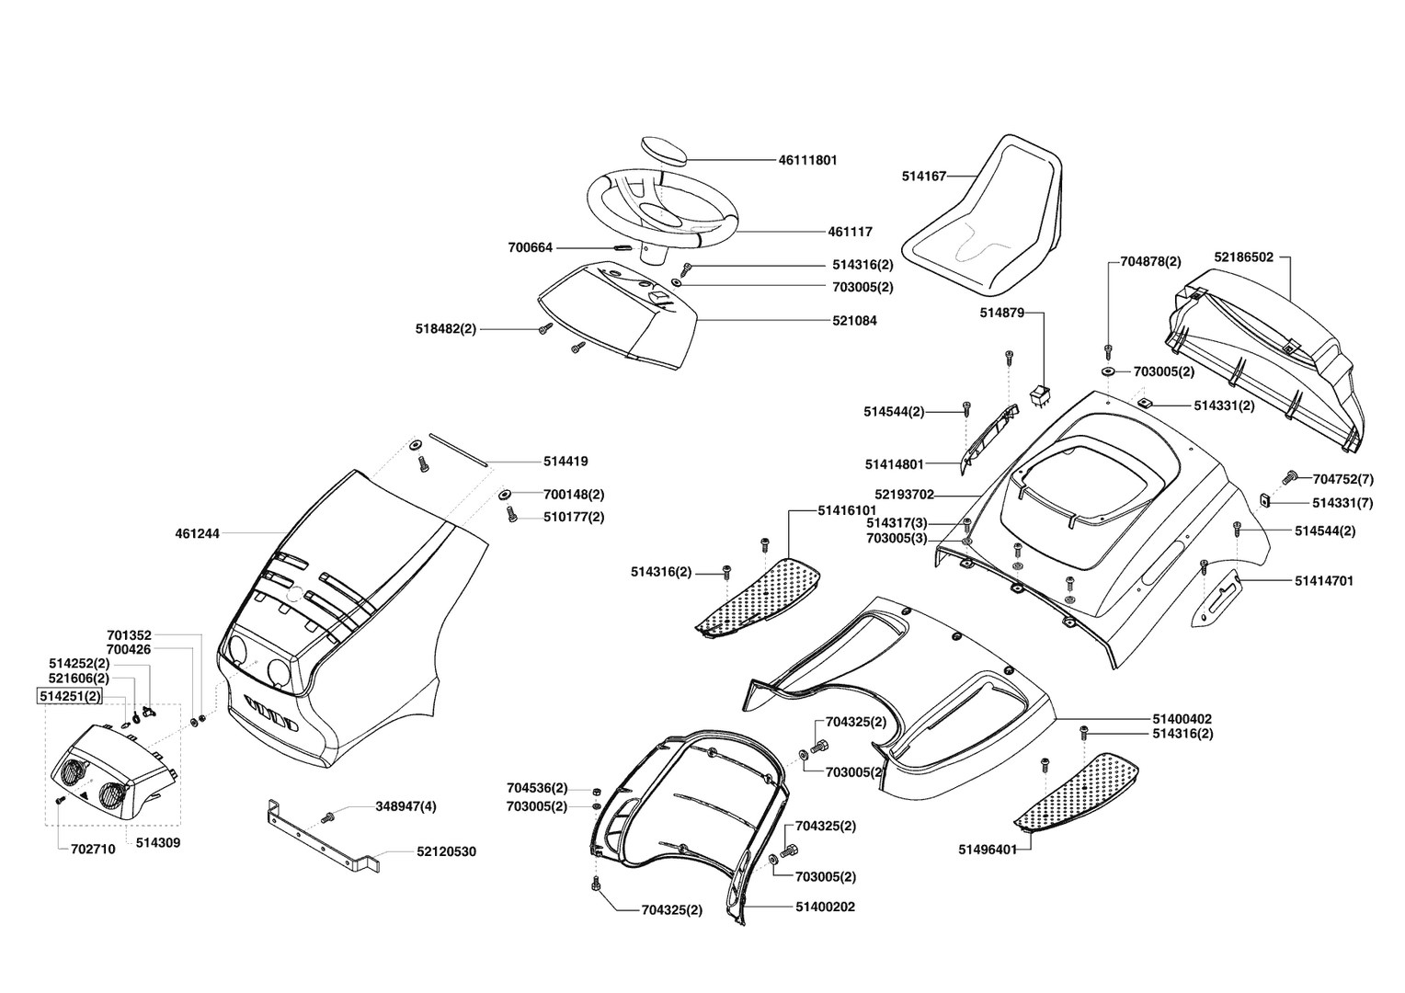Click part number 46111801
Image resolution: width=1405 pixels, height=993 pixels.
coord(807,160)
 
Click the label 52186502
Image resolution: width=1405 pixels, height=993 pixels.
coord(1243,257)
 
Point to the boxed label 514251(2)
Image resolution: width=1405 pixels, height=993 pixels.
coord(69,697)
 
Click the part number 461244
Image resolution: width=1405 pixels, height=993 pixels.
coord(197,533)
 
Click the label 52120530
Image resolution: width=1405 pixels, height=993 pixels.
coord(446,852)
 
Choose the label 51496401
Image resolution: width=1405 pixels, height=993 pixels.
coord(988,850)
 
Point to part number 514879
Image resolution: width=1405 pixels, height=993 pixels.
coord(1002,313)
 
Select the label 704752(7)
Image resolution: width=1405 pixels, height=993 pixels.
coord(1342,479)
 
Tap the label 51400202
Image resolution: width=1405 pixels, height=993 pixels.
coord(825,907)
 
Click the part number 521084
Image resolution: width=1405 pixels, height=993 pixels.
coord(854,321)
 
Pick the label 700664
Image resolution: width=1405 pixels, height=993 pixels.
coord(531,248)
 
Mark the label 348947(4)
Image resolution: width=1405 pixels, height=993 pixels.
coord(406,806)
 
